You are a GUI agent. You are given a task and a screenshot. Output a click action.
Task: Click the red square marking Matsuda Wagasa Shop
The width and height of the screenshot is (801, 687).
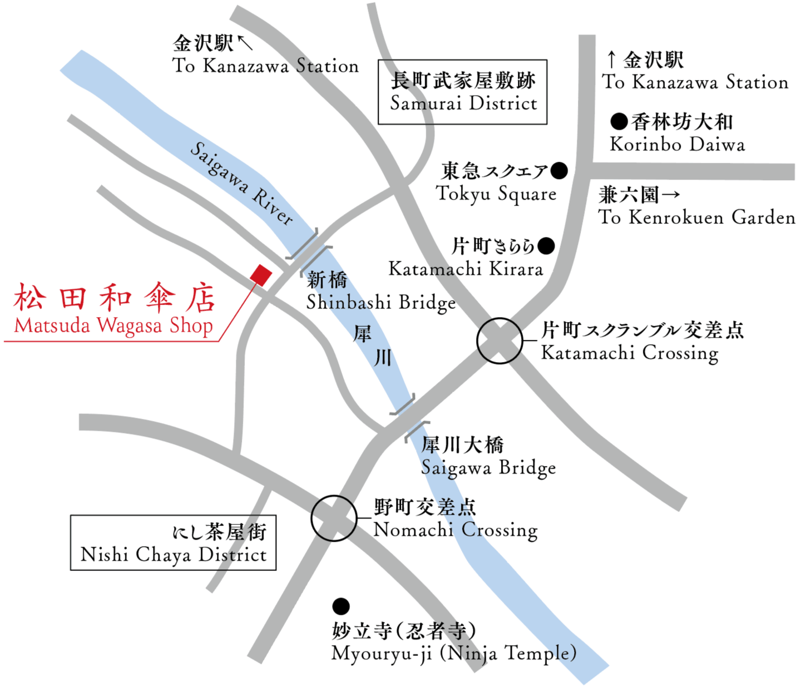pyautogui.click(x=260, y=275)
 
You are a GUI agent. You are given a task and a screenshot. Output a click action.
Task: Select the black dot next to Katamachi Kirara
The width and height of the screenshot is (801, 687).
pyautogui.click(x=546, y=245)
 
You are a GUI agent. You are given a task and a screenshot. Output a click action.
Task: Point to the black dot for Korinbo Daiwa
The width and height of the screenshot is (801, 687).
pyautogui.click(x=619, y=121)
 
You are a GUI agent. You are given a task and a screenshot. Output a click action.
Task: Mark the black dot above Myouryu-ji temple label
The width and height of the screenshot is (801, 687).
pyautogui.click(x=341, y=606)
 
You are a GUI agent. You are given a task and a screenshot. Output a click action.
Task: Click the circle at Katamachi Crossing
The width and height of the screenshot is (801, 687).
pyautogui.click(x=500, y=341)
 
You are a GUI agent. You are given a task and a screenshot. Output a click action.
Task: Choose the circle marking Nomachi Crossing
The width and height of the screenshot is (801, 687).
pyautogui.click(x=333, y=518)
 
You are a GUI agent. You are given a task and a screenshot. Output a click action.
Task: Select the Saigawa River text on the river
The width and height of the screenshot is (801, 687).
pyautogui.click(x=241, y=183)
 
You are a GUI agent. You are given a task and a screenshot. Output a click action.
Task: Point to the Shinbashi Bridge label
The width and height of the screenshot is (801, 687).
pyautogui.click(x=380, y=303)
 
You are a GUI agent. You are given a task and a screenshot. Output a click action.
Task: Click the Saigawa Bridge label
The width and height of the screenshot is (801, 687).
pyautogui.click(x=488, y=468)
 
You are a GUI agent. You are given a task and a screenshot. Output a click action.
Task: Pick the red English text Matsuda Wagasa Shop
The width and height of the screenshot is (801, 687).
pyautogui.click(x=113, y=325)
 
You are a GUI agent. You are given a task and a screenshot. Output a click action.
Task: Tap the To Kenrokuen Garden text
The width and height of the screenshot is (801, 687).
pyautogui.click(x=696, y=217)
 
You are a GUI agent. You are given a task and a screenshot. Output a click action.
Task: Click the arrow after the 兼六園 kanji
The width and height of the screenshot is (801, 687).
pyautogui.click(x=671, y=195)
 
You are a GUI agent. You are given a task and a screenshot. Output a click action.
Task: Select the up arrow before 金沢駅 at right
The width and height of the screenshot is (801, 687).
pyautogui.click(x=611, y=60)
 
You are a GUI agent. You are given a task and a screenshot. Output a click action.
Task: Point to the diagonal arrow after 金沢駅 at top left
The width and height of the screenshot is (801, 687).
pyautogui.click(x=245, y=42)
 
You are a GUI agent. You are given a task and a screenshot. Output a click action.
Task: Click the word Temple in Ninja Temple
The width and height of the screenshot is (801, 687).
pyautogui.click(x=540, y=653)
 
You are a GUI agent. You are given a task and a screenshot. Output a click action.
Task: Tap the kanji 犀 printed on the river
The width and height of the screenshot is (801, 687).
pyautogui.click(x=363, y=334)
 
